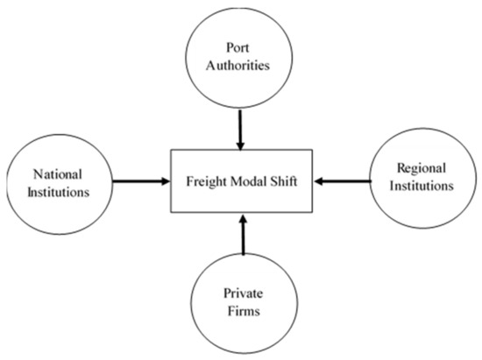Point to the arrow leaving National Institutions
(140, 182)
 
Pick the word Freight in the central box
(203, 182)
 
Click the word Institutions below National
(59, 190)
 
